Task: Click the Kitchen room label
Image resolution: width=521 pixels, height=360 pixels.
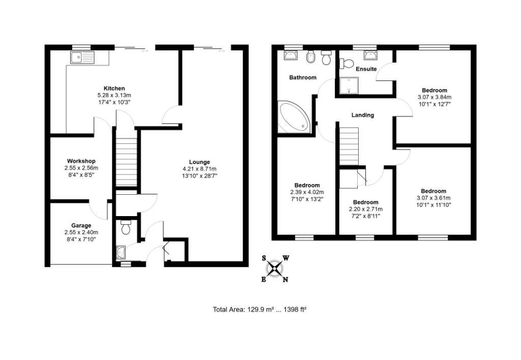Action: [x=114, y=88]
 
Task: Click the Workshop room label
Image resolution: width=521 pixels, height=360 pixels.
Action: [x=81, y=161]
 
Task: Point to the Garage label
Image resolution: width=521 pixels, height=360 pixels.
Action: [x=81, y=225]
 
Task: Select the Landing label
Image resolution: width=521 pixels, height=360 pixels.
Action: [x=362, y=115]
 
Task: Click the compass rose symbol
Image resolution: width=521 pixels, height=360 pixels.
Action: [x=275, y=268]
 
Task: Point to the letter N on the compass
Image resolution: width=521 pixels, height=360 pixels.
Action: [x=285, y=279]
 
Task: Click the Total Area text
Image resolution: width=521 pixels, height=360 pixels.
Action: [x=259, y=309]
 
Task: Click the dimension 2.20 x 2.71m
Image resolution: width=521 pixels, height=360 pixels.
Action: [x=365, y=209]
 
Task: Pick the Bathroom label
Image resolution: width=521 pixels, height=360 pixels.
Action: [x=303, y=78]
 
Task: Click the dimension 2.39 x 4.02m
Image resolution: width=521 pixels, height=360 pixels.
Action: [x=307, y=192]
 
